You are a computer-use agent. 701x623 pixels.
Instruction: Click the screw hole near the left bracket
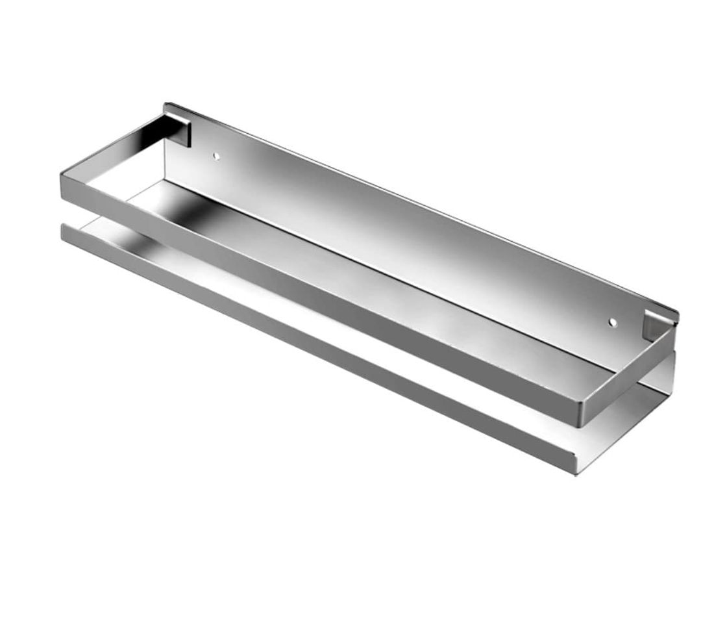[x=217, y=157]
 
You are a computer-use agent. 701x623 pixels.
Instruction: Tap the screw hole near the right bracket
[x=611, y=322]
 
